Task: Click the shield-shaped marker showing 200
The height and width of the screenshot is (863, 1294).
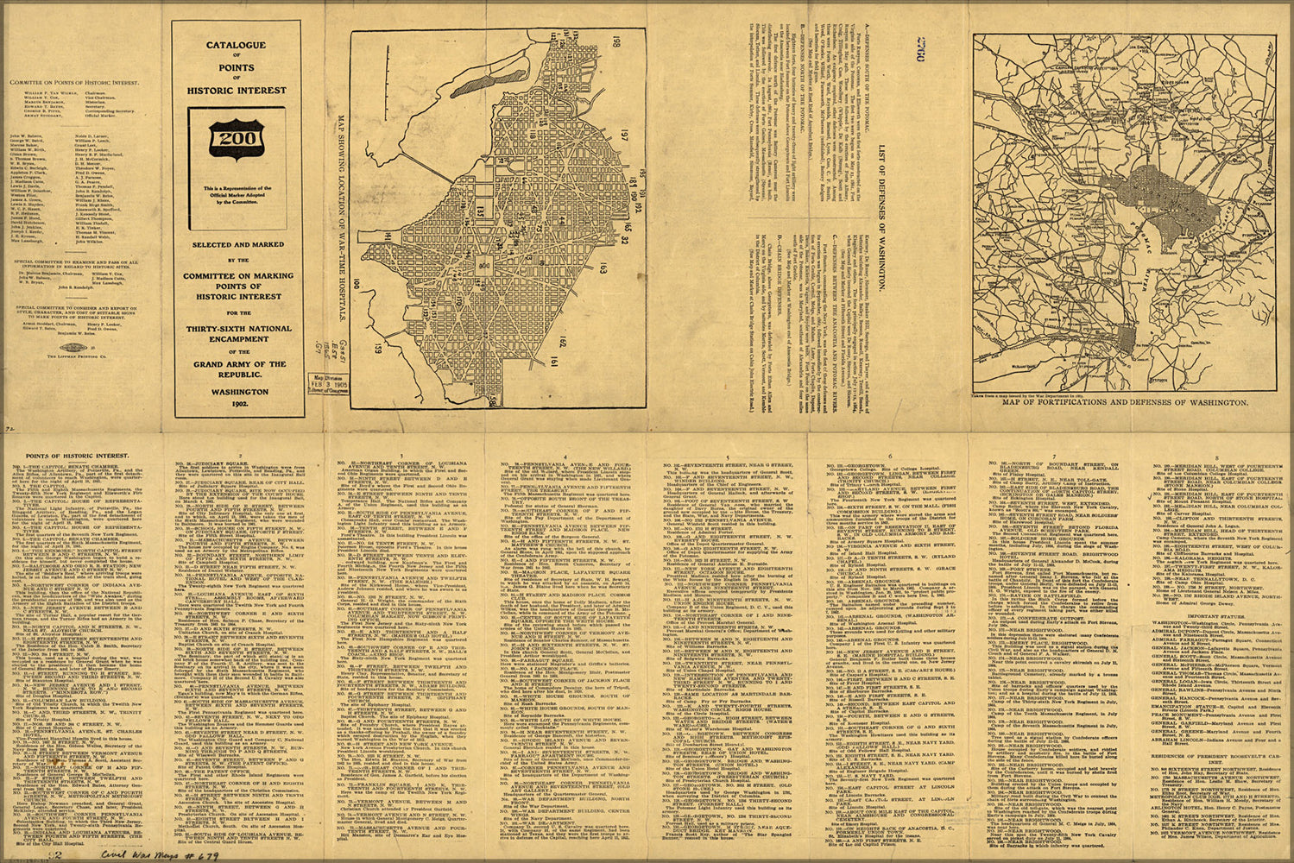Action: click(x=237, y=139)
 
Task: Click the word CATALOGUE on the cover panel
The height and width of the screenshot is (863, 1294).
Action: click(x=236, y=45)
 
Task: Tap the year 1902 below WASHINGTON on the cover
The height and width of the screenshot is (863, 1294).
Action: click(x=237, y=404)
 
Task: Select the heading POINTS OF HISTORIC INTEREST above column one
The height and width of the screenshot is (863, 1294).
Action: click(x=77, y=455)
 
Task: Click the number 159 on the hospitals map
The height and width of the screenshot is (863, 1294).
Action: click(x=377, y=350)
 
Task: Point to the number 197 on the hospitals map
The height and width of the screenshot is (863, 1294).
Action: click(x=621, y=133)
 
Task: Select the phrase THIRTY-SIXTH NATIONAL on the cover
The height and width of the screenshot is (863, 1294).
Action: click(x=237, y=329)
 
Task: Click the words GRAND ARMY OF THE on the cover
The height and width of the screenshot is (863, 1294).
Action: click(x=237, y=365)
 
